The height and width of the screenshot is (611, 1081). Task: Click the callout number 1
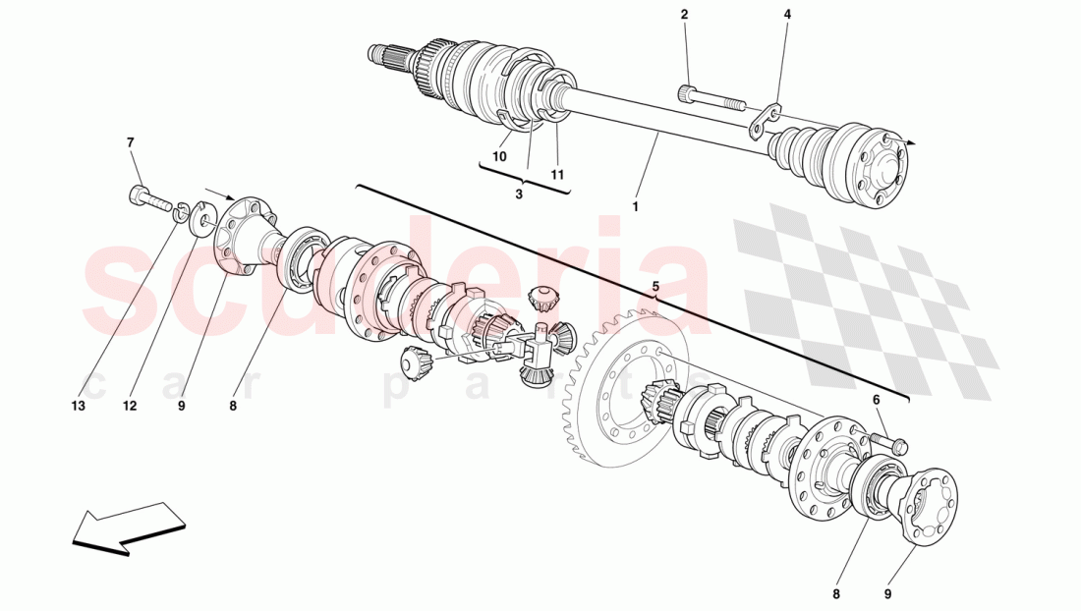636,207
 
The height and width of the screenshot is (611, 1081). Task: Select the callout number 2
684,15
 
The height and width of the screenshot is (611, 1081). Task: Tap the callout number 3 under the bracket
520,194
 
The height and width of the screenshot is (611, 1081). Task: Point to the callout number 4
786,15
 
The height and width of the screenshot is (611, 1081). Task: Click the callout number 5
656,287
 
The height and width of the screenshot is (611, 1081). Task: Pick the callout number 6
875,399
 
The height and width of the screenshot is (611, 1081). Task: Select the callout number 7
130,143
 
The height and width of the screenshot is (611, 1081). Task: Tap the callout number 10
499,156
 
